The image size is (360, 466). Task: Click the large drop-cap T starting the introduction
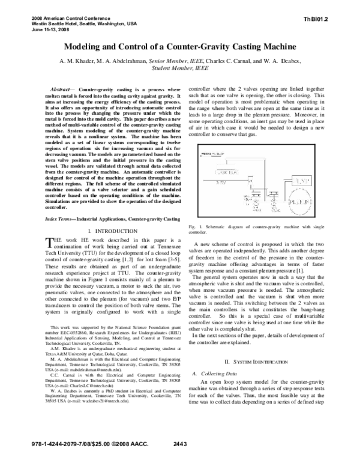pos(49,225)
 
